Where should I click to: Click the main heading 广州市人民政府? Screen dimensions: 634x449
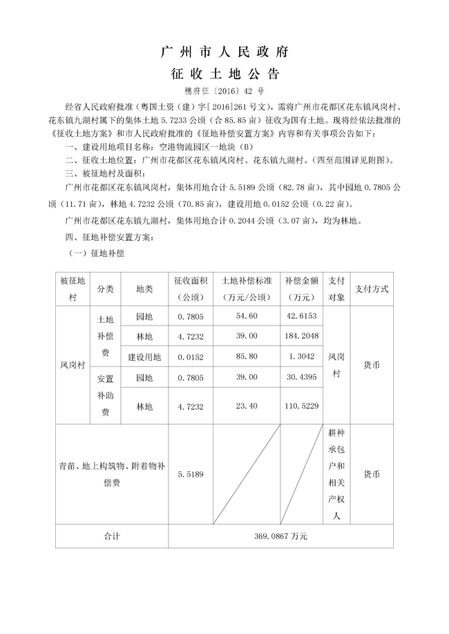[224, 52]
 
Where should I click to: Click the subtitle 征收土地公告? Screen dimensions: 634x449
[224, 74]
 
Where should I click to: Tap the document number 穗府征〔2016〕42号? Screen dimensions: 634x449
[224, 90]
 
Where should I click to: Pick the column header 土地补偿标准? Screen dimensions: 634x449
[247, 289]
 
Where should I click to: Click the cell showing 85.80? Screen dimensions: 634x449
[247, 357]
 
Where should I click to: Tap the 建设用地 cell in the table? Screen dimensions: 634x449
[144, 357]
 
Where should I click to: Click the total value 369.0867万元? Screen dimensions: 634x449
[279, 535]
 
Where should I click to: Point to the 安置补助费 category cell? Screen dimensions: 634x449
[106, 395]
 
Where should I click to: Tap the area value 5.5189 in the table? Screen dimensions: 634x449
[190, 475]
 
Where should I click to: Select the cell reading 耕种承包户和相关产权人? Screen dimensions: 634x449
[336, 475]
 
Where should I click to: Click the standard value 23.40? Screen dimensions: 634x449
[247, 406]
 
